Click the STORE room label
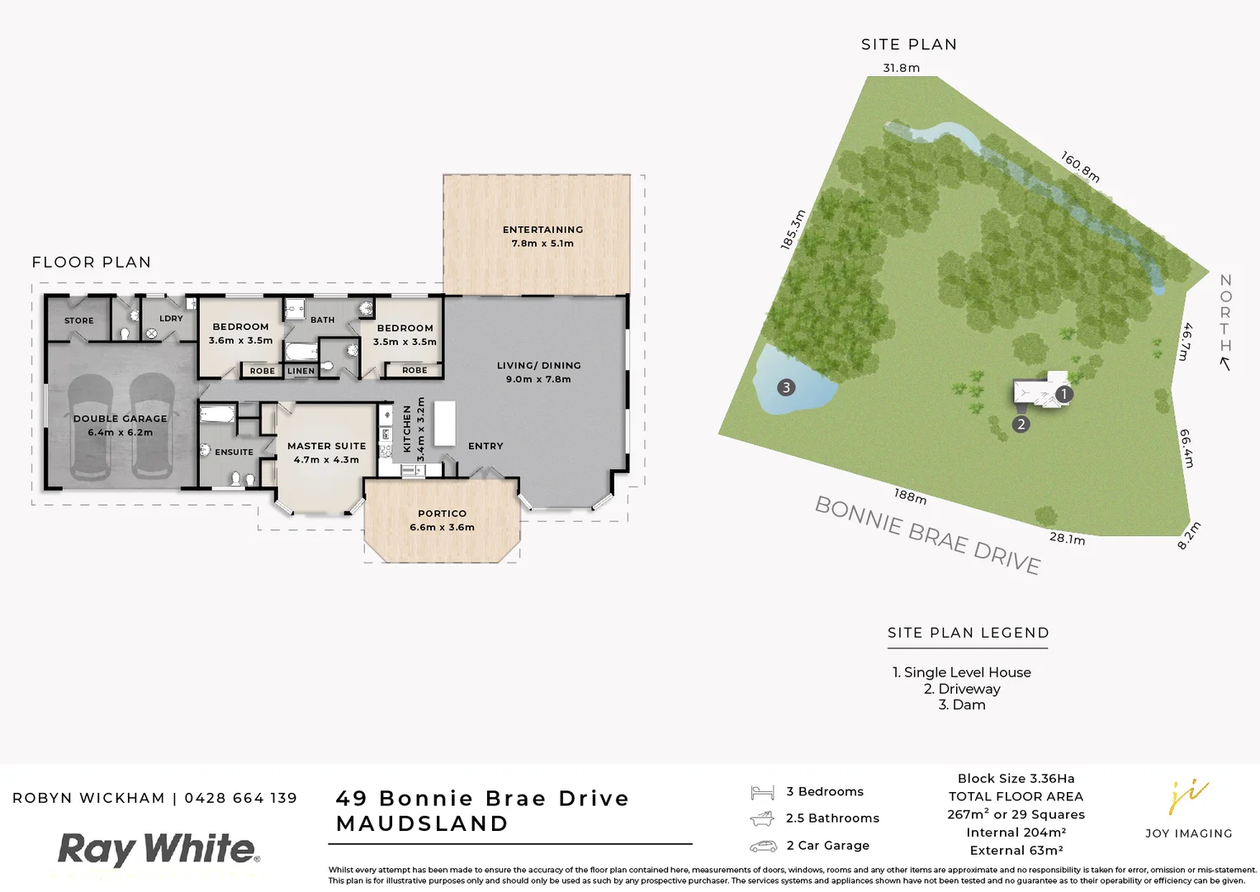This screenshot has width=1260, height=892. (79, 320)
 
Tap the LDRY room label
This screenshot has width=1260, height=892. (171, 319)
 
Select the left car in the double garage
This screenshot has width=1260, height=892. (90, 427)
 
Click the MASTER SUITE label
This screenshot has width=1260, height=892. (326, 446)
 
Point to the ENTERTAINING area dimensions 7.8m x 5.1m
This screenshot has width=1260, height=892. (542, 244)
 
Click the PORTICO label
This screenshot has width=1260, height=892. (442, 514)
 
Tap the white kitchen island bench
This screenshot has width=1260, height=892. (445, 423)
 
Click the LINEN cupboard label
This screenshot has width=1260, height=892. (301, 371)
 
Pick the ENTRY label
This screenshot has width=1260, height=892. (486, 446)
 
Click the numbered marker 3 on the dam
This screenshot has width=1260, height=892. (786, 387)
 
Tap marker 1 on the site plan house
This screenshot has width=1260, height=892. (1064, 394)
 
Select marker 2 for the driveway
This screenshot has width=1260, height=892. (1021, 425)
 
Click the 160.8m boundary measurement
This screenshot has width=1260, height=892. (1080, 167)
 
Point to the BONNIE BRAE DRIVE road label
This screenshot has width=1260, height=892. (927, 534)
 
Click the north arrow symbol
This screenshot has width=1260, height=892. (1225, 363)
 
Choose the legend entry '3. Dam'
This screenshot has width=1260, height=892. (962, 705)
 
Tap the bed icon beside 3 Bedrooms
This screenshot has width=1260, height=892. (762, 793)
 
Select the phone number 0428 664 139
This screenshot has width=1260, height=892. (240, 798)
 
